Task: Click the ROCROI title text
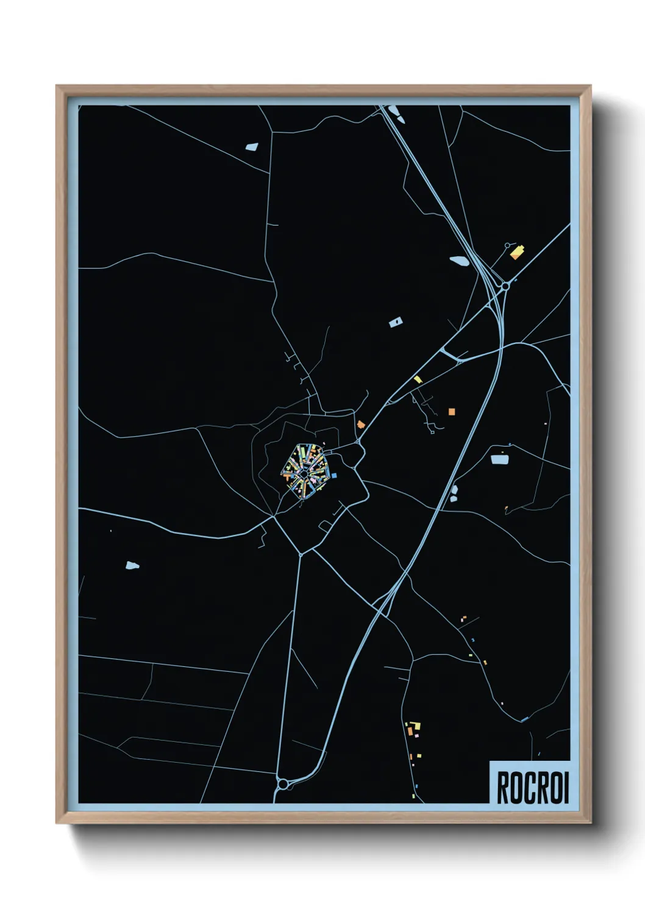tap(532, 788)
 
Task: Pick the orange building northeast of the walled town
tap(361, 424)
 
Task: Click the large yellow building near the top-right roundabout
tap(517, 252)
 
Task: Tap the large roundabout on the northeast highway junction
tap(505, 286)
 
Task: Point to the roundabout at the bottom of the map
tap(282, 783)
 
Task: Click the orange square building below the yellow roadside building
tap(452, 412)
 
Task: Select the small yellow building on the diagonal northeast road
tap(418, 380)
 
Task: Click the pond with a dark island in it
tap(396, 322)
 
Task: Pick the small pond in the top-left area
tap(252, 147)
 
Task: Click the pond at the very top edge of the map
tap(394, 111)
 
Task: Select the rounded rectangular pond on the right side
tap(499, 459)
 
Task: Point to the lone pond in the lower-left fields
tap(132, 566)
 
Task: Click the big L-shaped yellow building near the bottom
tap(416, 726)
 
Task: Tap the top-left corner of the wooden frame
tap(57, 87)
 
